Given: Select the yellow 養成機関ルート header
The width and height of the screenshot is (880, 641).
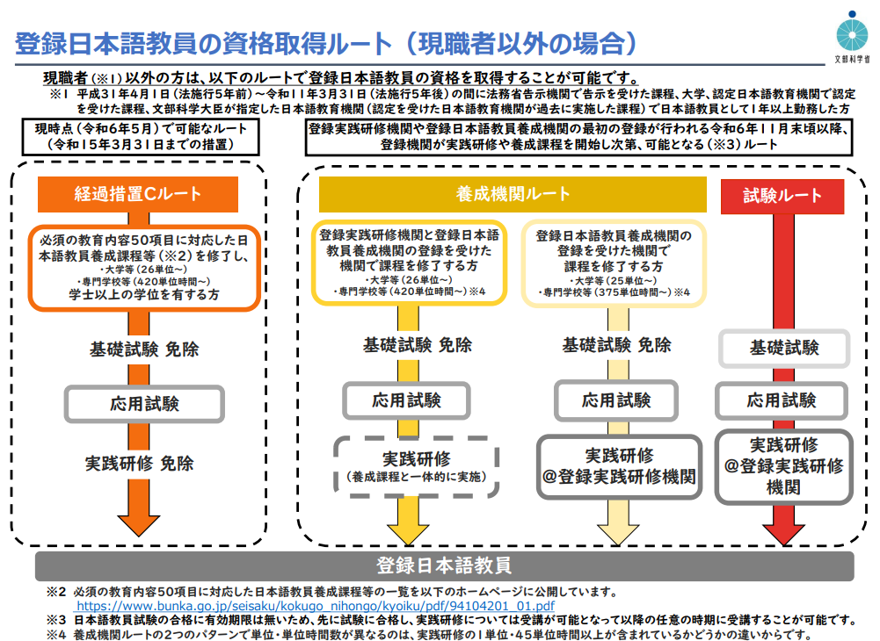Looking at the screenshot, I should (x=513, y=194).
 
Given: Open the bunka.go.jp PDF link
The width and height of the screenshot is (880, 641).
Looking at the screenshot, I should (x=315, y=606).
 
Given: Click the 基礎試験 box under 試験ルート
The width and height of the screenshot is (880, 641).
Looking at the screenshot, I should (x=783, y=348).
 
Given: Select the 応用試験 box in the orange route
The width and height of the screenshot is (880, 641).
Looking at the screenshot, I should (x=145, y=404).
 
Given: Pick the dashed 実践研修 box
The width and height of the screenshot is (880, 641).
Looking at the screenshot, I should (x=416, y=467).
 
